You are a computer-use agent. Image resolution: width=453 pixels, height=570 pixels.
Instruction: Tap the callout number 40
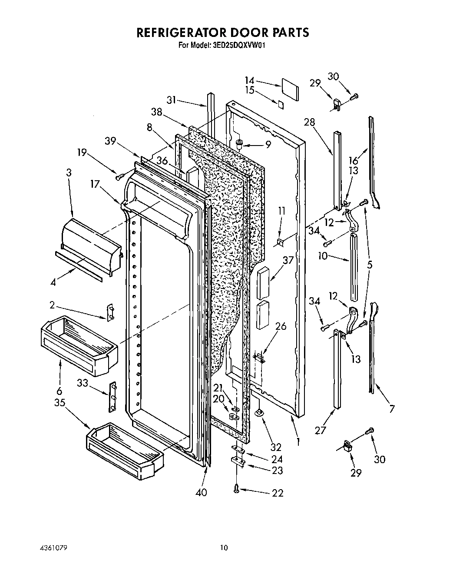tap(201, 492)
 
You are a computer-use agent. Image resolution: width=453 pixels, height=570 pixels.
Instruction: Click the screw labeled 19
tap(119, 176)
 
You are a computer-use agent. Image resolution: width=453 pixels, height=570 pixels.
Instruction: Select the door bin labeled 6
tap(78, 345)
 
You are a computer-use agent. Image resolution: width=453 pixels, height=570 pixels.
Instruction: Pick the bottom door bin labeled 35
tap(125, 452)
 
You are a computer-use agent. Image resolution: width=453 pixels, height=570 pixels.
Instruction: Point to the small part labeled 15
tap(281, 105)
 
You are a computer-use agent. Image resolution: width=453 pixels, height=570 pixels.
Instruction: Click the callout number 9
tap(268, 145)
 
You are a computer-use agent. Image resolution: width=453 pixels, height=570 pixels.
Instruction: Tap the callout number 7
tap(392, 408)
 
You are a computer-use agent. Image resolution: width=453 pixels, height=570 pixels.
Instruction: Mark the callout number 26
tap(281, 326)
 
